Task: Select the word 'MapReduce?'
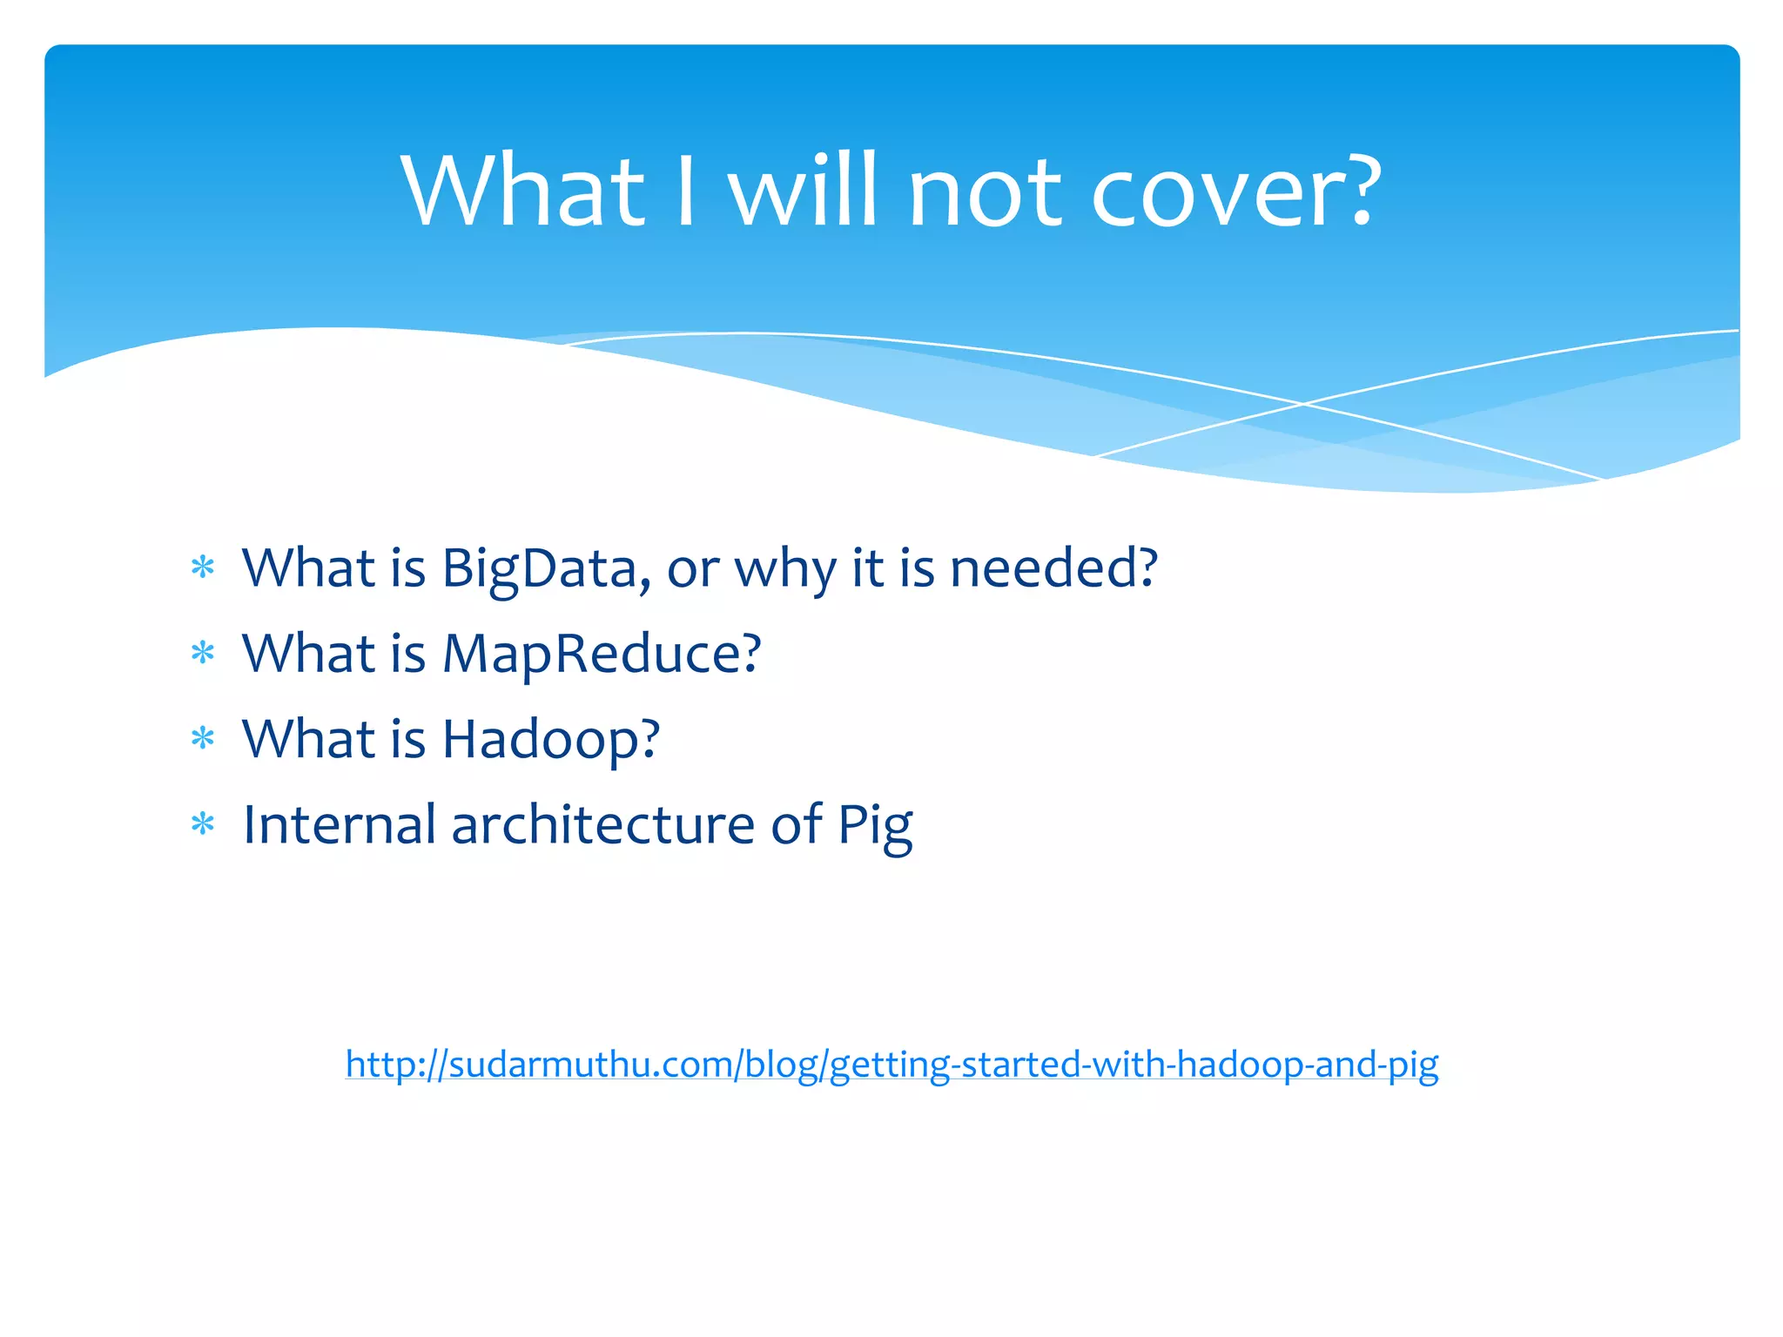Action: click(602, 655)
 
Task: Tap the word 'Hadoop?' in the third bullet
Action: click(551, 740)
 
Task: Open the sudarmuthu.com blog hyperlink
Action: click(891, 1064)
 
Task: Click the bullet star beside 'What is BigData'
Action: click(203, 568)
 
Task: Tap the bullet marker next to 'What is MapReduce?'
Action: click(203, 653)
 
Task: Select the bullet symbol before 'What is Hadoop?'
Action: click(203, 738)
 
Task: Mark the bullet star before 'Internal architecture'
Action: click(203, 823)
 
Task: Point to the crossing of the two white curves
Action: click(1303, 404)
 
